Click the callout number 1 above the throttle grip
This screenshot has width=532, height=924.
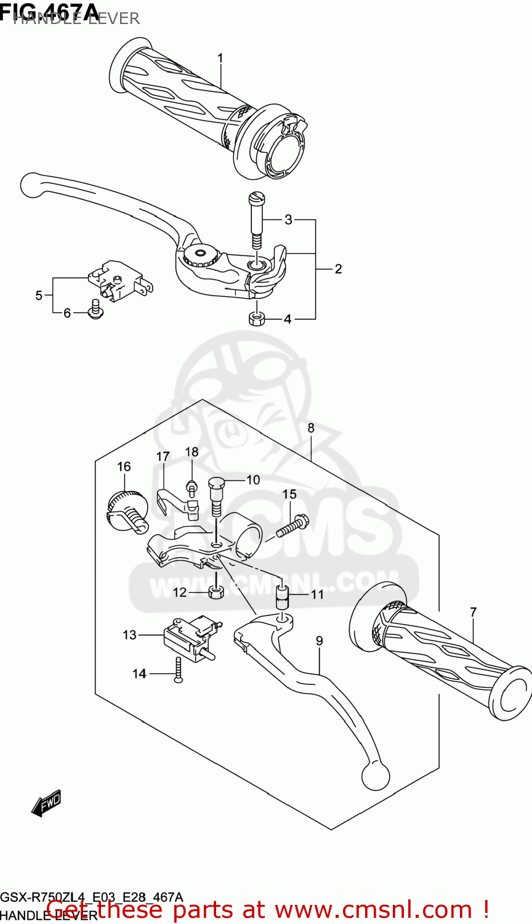220,59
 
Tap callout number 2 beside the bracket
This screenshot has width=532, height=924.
338,269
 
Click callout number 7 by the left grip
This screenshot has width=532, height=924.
473,612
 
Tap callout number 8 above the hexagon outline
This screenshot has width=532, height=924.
311,428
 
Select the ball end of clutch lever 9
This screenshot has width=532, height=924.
376,776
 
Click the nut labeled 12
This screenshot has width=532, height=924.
216,593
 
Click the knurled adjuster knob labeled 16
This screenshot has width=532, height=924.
126,508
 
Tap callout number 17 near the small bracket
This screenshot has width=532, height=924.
163,457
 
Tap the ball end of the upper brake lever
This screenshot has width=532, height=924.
31,184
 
